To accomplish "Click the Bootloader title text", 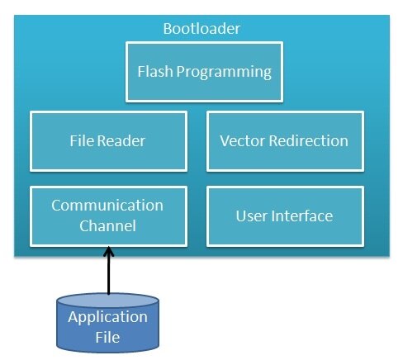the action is tap(201, 29).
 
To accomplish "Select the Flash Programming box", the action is tap(204, 72).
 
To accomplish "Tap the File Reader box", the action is tap(108, 141).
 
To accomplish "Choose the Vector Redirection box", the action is tap(285, 141).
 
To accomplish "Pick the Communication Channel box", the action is tap(108, 216).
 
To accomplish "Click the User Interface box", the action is tap(285, 216).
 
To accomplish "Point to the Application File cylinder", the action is tap(107, 323).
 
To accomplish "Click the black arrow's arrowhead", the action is tap(109, 251).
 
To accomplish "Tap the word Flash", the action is tap(155, 72).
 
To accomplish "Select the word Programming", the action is tap(224, 73).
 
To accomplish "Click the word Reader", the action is tap(121, 141).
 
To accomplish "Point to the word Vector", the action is tap(242, 141).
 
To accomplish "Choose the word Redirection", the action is tap(308, 141).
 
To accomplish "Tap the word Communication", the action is tap(107, 206).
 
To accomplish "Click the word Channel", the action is tap(107, 226).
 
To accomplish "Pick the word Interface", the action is tap(302, 216).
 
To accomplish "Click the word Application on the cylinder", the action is tap(107, 318).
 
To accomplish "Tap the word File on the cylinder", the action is tap(107, 337).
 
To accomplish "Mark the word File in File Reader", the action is tap(82, 141).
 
